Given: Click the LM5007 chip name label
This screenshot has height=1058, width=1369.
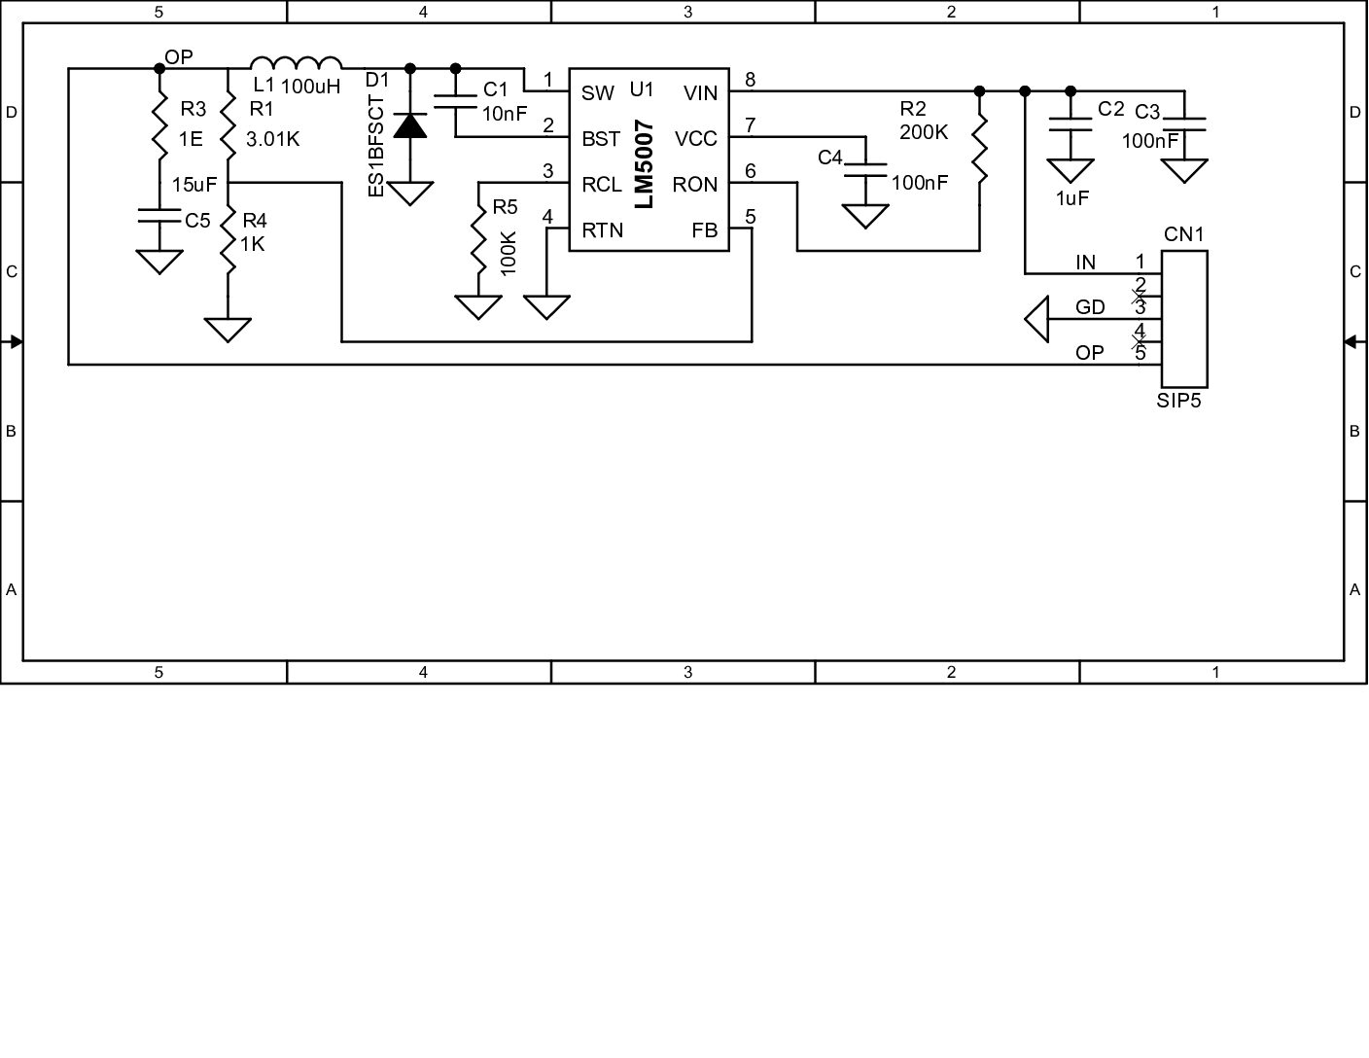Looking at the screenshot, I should [x=644, y=164].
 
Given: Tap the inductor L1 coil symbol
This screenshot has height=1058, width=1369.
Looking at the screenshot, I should [x=297, y=61].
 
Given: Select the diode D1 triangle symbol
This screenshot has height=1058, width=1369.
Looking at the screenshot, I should [x=409, y=125].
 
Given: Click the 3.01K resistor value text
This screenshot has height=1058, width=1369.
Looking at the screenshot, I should [x=272, y=139].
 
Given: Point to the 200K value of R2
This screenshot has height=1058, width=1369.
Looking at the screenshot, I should [x=924, y=132].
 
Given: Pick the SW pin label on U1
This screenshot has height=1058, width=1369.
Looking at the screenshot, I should [x=597, y=93].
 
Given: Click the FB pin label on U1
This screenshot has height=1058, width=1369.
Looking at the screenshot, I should [x=705, y=230].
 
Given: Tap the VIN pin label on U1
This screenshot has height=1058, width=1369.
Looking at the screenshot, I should [x=700, y=93].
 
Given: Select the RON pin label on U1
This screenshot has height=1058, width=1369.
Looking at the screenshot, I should [x=694, y=185].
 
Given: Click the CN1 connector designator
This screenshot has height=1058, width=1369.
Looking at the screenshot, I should [x=1183, y=234].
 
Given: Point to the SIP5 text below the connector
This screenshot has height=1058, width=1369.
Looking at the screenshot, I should [x=1178, y=401].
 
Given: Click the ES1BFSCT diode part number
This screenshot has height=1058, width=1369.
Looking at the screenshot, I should [x=377, y=147].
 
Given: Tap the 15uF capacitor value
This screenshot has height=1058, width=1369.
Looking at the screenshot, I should [x=193, y=184].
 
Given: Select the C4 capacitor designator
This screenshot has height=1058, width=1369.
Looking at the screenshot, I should [x=829, y=157].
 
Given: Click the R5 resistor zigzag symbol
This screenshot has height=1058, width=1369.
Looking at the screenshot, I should [x=478, y=238].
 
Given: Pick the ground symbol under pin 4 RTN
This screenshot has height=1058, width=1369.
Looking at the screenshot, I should [x=547, y=307].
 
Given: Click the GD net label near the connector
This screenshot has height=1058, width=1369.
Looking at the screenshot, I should [x=1090, y=307].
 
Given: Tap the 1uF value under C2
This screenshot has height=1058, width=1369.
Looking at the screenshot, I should [x=1071, y=198].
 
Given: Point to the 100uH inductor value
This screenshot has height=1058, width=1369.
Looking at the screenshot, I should [x=310, y=87].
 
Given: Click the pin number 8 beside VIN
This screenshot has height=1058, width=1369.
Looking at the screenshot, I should [x=750, y=80].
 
